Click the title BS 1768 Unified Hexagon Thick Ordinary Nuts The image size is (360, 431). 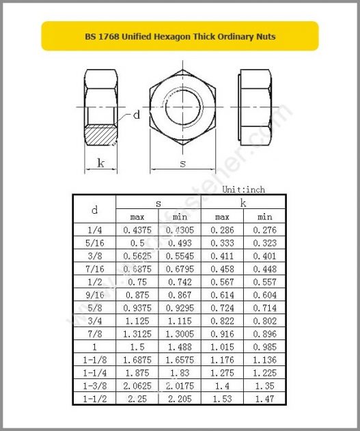pyautogui.click(x=180, y=36)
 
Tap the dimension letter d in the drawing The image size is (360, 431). pyautogui.click(x=136, y=115)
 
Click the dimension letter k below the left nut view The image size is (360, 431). pyautogui.click(x=100, y=163)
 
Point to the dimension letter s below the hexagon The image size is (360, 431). pyautogui.click(x=182, y=163)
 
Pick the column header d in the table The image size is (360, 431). pyautogui.click(x=94, y=210)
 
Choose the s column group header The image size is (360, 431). pyautogui.click(x=158, y=203)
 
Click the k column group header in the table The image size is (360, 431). pyautogui.click(x=243, y=203)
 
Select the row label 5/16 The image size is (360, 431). pyautogui.click(x=95, y=243)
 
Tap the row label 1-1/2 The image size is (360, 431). pyautogui.click(x=95, y=398)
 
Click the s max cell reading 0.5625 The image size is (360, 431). pyautogui.click(x=137, y=256)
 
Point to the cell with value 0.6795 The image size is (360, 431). pyautogui.click(x=180, y=269)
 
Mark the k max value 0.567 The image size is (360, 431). pyautogui.click(x=223, y=282)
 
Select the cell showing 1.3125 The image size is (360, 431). pyautogui.click(x=137, y=333)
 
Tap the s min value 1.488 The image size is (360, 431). pyautogui.click(x=180, y=346)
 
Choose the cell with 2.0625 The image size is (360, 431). pyautogui.click(x=137, y=385)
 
